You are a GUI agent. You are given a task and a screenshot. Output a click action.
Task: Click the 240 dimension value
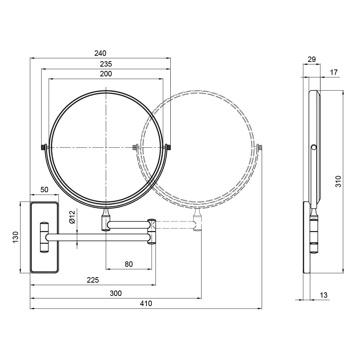(x=100, y=53)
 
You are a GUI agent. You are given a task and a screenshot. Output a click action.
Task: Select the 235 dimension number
(x=106, y=64)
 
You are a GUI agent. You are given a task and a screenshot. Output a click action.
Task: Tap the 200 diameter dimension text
(x=106, y=74)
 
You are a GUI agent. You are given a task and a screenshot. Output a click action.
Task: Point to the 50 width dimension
(x=44, y=190)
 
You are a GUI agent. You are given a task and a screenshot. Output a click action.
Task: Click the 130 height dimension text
(x=15, y=237)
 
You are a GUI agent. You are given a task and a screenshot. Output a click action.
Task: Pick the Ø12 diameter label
(x=72, y=217)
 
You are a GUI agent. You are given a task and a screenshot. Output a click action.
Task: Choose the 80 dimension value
(x=129, y=264)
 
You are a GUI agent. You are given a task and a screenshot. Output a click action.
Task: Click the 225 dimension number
(x=93, y=280)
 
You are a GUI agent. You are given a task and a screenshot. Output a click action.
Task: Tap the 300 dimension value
(x=116, y=293)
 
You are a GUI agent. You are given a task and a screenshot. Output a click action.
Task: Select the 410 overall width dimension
(x=146, y=303)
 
